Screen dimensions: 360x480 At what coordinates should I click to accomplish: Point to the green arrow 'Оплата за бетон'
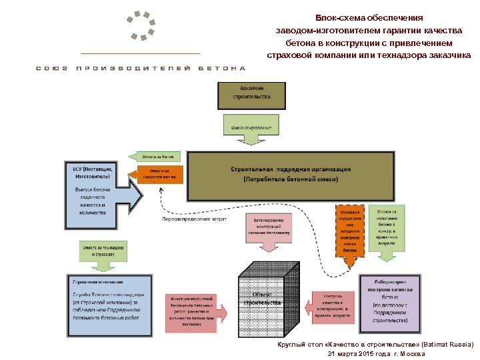[158, 157]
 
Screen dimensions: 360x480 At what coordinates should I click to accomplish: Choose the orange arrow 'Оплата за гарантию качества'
[157, 175]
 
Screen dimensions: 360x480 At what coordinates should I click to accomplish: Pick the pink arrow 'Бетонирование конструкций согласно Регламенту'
[269, 230]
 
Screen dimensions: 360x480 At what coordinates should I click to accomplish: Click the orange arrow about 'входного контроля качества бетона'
[349, 231]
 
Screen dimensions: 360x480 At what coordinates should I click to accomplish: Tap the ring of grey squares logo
[141, 26]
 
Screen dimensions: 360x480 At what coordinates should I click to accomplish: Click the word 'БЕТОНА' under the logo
[223, 69]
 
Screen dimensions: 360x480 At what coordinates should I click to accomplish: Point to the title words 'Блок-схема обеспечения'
[369, 19]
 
